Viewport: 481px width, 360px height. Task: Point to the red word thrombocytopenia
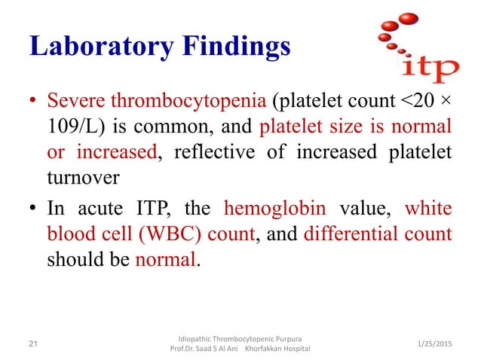point(169,100)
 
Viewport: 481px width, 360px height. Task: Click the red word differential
point(351,234)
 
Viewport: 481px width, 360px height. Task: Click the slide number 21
point(32,344)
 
